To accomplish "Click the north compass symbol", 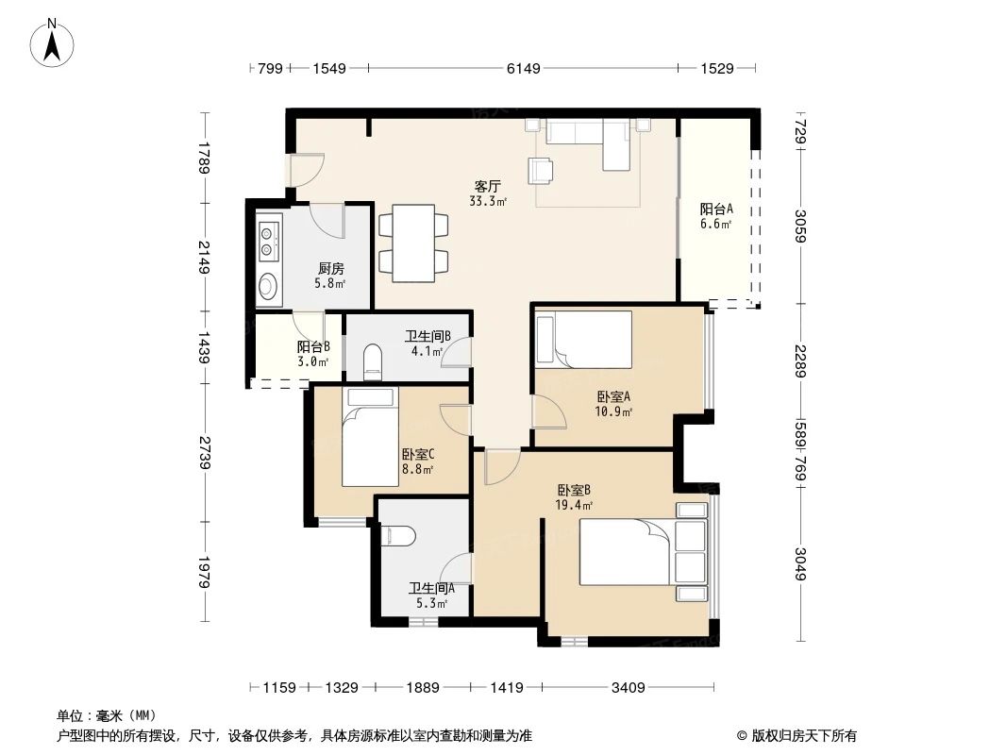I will tap(54, 43).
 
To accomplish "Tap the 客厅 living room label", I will tap(487, 186).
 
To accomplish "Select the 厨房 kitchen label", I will tap(329, 268).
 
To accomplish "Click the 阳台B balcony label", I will tap(312, 347).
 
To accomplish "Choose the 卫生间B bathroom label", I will tap(428, 336).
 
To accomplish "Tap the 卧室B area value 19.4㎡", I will tap(574, 506).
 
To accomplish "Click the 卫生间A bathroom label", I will tap(431, 587).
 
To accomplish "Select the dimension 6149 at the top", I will tap(523, 68).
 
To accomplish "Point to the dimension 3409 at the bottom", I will tap(628, 688).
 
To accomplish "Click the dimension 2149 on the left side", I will tap(204, 257).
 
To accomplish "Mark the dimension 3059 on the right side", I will tap(800, 226).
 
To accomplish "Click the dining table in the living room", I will tap(413, 243).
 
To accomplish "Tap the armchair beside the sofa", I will tap(543, 169).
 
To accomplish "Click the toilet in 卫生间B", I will tap(373, 360).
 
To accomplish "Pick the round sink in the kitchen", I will tap(268, 285).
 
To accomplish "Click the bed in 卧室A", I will tap(583, 340).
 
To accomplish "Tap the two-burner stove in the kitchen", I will tap(268, 239).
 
